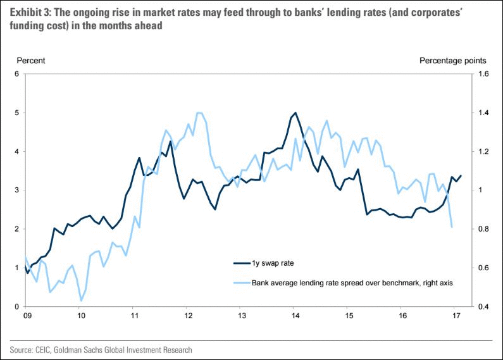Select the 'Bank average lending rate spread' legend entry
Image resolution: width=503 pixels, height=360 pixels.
point(352,283)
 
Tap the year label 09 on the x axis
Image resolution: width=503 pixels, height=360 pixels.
point(27,314)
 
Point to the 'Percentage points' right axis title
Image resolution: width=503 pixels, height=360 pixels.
point(453,61)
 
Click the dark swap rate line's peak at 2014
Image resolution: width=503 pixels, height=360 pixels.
point(295,113)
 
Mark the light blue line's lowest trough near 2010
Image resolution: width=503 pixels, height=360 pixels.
point(81,301)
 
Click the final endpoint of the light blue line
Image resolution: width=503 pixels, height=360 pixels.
point(452,227)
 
